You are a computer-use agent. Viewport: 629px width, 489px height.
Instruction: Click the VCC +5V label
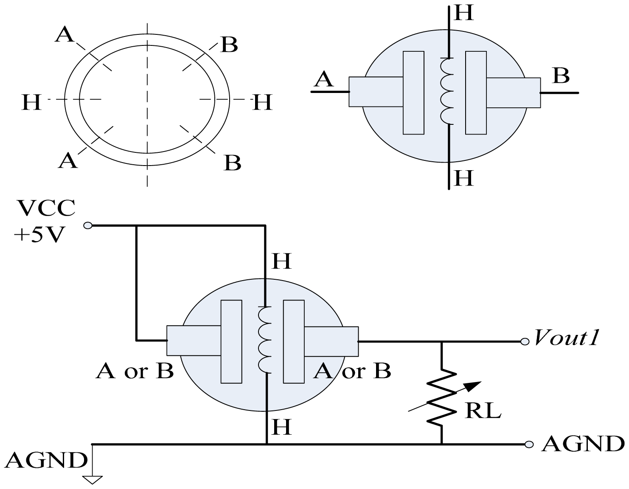coord(45,220)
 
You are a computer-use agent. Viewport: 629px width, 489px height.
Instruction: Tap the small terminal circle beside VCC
coord(88,226)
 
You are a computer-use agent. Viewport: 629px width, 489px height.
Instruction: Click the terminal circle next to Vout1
coord(525,341)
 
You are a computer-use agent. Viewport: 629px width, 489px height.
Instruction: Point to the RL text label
coord(483,410)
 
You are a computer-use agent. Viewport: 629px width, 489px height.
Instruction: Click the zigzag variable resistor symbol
coord(442,398)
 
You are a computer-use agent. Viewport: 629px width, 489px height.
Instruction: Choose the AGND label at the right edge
coord(583,444)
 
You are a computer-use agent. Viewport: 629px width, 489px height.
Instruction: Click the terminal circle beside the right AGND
coord(529,444)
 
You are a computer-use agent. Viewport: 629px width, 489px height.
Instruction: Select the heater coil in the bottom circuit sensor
coord(264,340)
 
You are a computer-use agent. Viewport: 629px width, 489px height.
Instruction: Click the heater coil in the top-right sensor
coord(447,91)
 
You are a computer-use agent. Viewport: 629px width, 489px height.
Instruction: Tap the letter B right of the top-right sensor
coord(561,76)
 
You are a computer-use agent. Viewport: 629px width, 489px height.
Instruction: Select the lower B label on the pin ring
coord(232,163)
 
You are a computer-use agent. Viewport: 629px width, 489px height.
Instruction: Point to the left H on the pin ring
coord(31,102)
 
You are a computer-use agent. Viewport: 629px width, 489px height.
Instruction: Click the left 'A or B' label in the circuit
coord(135,371)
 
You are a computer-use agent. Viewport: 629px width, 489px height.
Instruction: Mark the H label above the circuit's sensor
coord(281,261)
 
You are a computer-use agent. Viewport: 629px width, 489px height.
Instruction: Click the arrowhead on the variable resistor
coord(474,385)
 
